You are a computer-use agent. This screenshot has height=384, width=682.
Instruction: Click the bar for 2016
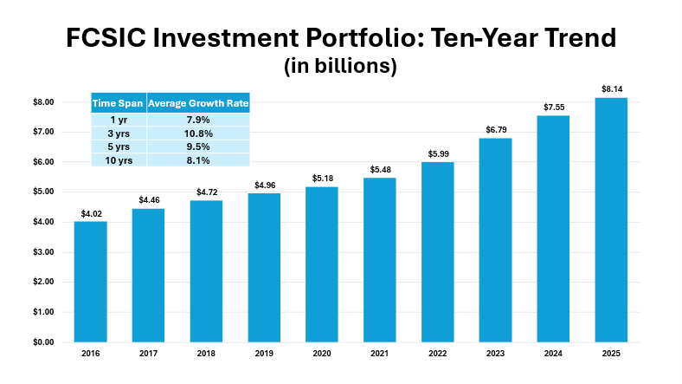[x=90, y=281]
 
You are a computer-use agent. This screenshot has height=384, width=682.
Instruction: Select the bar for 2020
[x=322, y=264]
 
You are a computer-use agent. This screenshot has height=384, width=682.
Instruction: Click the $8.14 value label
[x=612, y=88]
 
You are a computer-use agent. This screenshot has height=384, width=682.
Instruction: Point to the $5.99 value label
[x=438, y=153]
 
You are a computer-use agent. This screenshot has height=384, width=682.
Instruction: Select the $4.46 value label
[x=148, y=199]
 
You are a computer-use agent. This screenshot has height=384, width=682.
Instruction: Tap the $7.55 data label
[x=554, y=107]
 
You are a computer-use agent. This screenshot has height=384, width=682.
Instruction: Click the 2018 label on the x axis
[x=206, y=354]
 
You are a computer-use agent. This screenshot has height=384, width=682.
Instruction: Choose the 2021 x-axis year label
[x=380, y=354]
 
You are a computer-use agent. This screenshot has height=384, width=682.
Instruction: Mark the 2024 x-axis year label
[x=554, y=354]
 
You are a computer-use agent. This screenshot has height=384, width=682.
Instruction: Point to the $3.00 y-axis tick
[x=42, y=252]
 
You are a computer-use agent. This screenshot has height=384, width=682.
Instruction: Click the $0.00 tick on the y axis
[x=42, y=342]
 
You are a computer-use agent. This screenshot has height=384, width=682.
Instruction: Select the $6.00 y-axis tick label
[x=42, y=162]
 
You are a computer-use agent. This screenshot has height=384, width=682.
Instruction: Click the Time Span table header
[x=118, y=103]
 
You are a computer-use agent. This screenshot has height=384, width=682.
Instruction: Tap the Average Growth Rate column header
[x=198, y=103]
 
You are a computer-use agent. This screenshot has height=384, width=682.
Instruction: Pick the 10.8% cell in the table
[x=198, y=133]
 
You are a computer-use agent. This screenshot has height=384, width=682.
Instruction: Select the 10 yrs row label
[x=118, y=159]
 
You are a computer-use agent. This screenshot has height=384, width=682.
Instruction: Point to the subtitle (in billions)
[x=340, y=67]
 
